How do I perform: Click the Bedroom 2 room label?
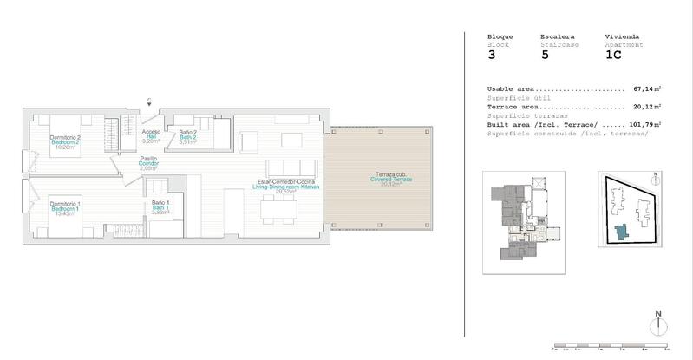(65, 142)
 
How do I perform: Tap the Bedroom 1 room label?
(64, 208)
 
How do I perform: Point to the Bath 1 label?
(160, 207)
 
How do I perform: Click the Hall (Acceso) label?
(152, 135)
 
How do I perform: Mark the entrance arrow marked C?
(149, 103)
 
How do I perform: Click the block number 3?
(493, 56)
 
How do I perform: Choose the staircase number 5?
(545, 56)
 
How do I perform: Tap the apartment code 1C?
(613, 56)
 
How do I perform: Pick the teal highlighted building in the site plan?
(621, 232)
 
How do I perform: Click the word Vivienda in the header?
(621, 36)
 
